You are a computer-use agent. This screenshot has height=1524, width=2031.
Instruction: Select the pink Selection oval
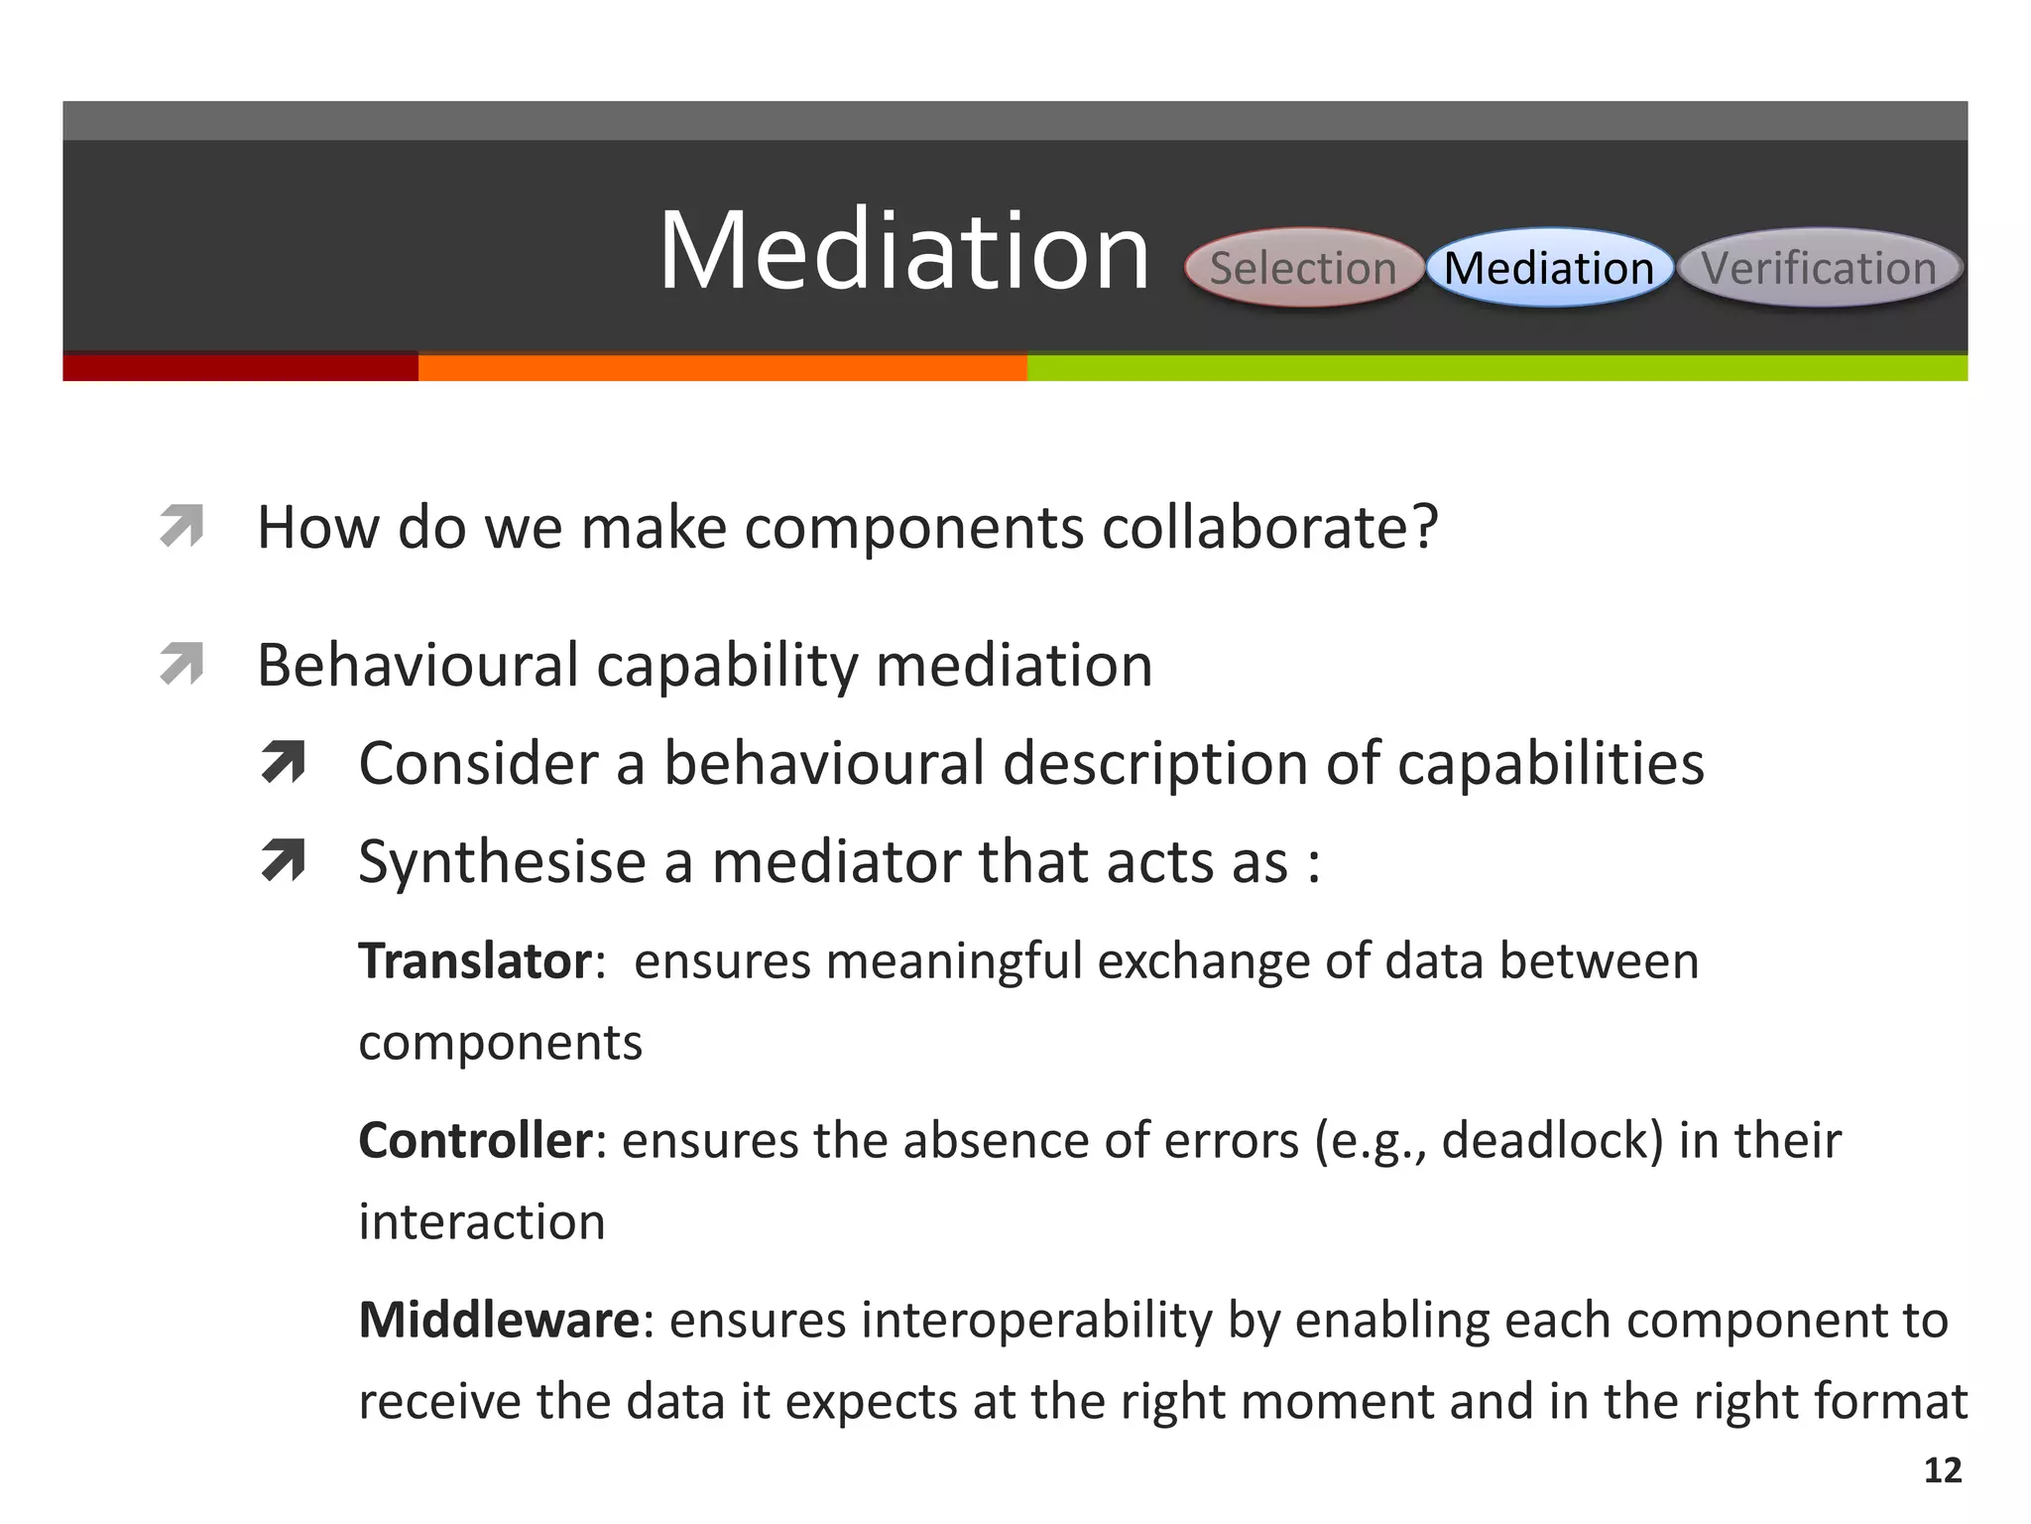[x=1302, y=268]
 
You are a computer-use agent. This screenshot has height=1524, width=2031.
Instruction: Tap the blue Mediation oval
[x=1549, y=268]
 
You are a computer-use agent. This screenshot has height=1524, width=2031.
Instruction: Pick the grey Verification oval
[x=1819, y=268]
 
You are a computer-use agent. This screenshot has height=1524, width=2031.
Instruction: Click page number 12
[x=1942, y=1470]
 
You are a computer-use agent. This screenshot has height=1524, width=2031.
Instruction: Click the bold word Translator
[x=475, y=961]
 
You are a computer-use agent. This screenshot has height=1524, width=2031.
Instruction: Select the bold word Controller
[x=475, y=1140]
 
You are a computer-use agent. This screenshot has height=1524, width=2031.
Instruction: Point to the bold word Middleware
[x=500, y=1320]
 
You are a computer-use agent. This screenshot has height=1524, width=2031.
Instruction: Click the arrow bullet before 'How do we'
[x=181, y=526]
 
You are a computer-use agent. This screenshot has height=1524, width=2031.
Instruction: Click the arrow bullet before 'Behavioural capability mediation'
[x=181, y=664]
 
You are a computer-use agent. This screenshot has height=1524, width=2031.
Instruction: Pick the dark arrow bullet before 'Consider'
[x=283, y=763]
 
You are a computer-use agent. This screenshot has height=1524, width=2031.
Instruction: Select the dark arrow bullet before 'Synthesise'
[x=283, y=860]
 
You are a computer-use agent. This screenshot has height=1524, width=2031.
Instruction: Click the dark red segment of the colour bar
[x=240, y=367]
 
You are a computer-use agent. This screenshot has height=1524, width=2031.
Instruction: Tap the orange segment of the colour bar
[x=722, y=367]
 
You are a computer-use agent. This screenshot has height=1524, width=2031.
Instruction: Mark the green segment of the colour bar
[x=1495, y=367]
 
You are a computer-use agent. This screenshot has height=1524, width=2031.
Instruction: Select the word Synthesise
[x=502, y=861]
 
